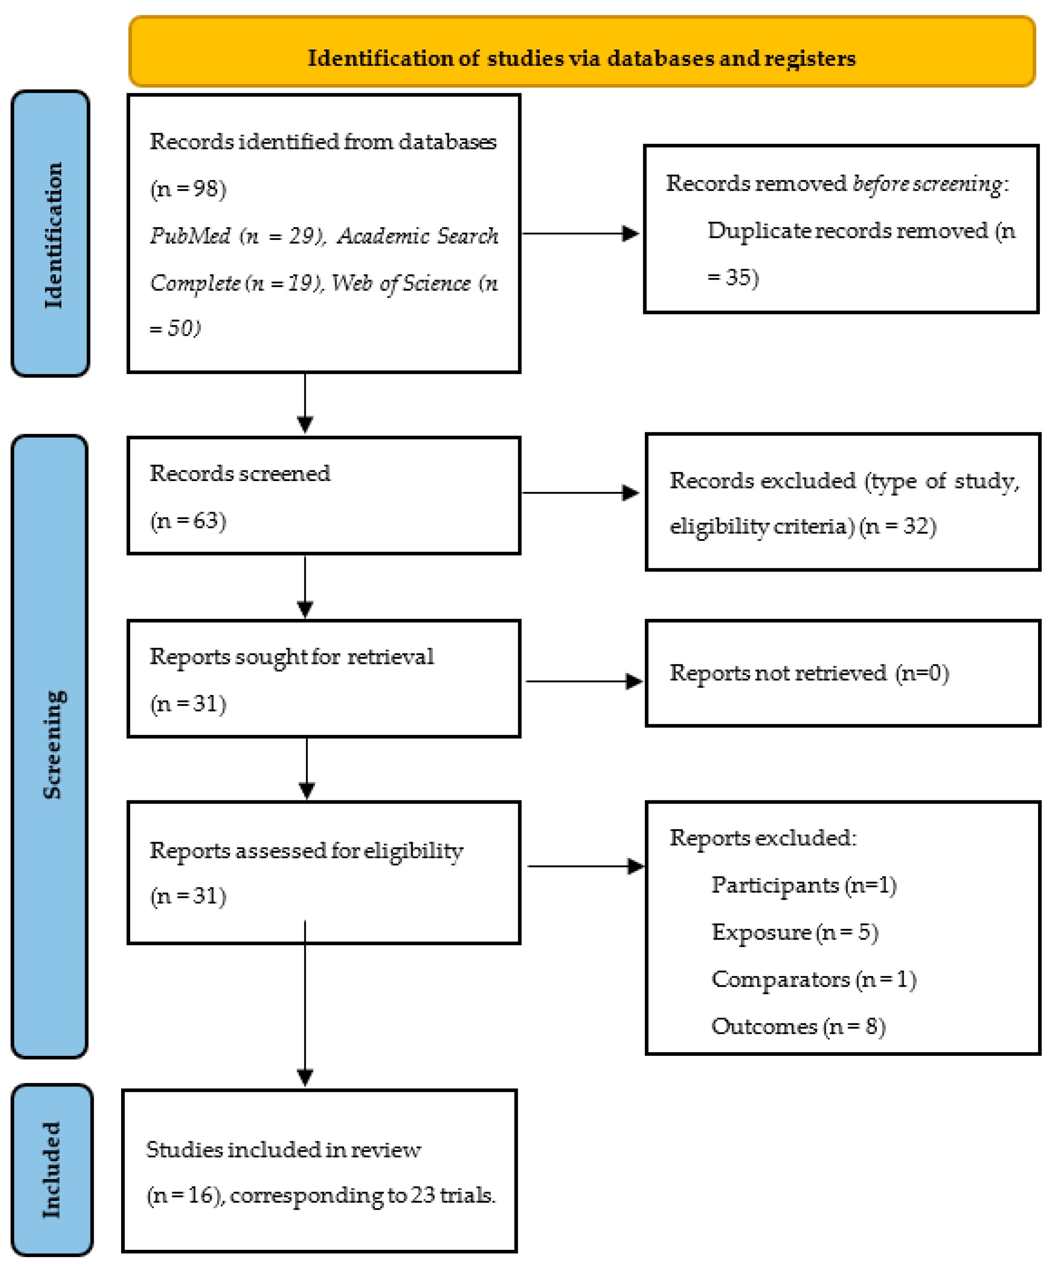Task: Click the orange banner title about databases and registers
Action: click(581, 58)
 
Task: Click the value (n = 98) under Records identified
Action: click(188, 189)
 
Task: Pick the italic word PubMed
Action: click(190, 235)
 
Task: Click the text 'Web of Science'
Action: click(401, 283)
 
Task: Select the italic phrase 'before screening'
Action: click(927, 183)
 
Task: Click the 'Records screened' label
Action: click(239, 473)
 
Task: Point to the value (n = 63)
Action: click(188, 520)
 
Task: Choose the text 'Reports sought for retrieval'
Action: click(291, 656)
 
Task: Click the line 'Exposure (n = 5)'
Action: click(795, 932)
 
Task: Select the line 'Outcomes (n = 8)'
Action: click(798, 1026)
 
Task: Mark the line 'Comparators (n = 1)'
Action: click(813, 979)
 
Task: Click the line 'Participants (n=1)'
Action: click(804, 885)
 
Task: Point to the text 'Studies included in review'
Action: click(283, 1150)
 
